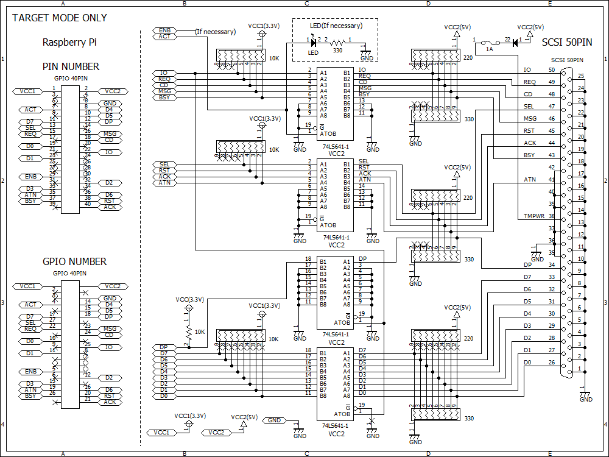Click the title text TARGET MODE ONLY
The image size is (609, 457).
pos(60,18)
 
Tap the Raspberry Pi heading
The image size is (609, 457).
pos(69,43)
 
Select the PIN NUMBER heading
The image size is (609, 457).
pos(71,66)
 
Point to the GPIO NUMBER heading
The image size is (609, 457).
pos(74,261)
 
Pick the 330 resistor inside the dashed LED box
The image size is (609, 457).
pos(337,43)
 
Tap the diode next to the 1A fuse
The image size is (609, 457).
pos(515,43)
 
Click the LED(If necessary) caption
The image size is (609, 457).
pos(336,26)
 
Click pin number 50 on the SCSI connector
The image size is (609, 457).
pos(551,70)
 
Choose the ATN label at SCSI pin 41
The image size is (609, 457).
pos(530,180)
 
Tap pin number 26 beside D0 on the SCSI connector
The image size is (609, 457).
pos(551,363)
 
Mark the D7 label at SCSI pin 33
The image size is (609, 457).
pos(527,277)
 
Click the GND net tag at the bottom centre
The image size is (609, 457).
pos(275,420)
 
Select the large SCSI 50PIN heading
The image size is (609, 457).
pos(566,43)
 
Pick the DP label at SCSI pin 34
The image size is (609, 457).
pos(527,265)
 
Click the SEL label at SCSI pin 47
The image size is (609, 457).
pos(529,107)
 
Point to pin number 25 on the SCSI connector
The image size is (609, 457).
pos(581,76)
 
